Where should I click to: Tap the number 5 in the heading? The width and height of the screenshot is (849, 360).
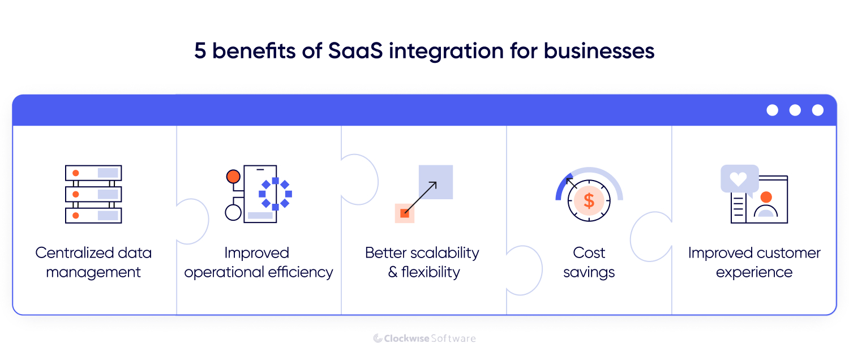200,51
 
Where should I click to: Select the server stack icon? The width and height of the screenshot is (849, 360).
93,194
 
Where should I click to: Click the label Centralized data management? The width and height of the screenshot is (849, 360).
93,262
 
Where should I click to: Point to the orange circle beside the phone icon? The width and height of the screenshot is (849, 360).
233,177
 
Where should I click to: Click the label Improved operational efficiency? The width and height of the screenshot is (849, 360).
258,262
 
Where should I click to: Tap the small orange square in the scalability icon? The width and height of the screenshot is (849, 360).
405,213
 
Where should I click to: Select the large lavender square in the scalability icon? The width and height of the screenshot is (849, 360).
436,182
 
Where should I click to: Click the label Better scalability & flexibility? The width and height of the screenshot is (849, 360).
423,262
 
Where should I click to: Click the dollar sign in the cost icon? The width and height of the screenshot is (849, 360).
589,200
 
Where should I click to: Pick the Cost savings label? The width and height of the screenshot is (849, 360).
589,262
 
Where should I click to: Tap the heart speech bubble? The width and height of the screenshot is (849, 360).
739,179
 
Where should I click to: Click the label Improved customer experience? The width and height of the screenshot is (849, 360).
754,262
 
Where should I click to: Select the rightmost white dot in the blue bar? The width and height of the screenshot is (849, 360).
818,110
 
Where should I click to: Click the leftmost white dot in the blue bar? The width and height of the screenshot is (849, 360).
773,110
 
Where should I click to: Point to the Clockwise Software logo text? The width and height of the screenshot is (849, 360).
424,338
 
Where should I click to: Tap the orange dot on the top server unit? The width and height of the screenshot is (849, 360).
75,173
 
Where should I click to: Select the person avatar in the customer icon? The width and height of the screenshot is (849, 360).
766,205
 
